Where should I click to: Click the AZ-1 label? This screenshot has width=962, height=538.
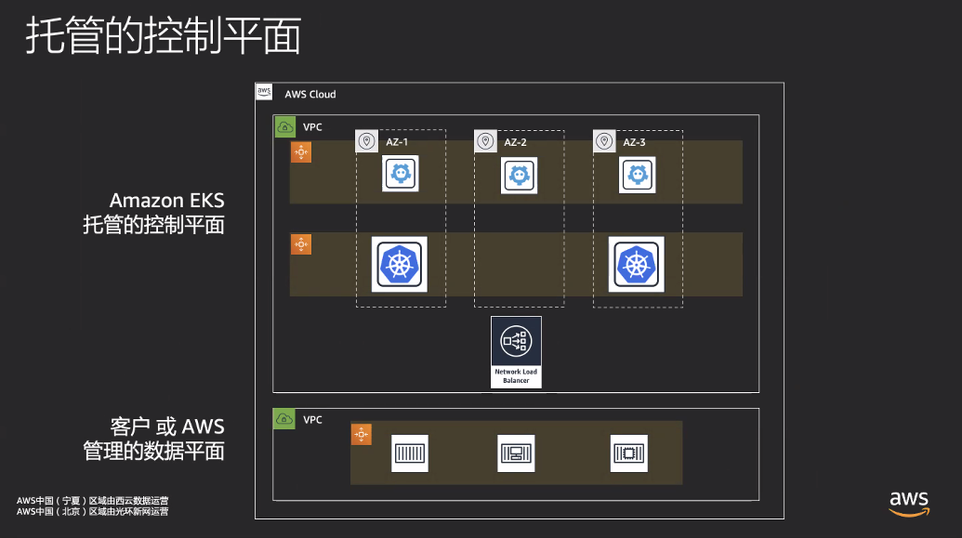pyautogui.click(x=396, y=142)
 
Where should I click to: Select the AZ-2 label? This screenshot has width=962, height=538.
pyautogui.click(x=515, y=142)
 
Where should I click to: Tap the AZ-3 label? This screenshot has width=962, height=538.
pyautogui.click(x=634, y=142)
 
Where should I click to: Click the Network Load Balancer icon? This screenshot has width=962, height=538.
pyautogui.click(x=516, y=351)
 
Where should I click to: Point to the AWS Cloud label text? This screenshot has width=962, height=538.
pyautogui.click(x=310, y=95)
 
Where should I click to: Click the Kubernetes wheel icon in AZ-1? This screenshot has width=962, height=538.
pyautogui.click(x=400, y=265)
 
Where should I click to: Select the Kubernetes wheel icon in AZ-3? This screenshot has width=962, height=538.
pyautogui.click(x=636, y=265)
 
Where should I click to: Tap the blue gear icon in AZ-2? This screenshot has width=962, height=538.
pyautogui.click(x=519, y=175)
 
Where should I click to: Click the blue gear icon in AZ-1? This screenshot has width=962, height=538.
pyautogui.click(x=400, y=174)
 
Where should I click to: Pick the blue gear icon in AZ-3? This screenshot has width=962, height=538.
pyautogui.click(x=638, y=175)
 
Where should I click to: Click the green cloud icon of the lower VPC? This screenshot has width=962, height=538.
pyautogui.click(x=284, y=419)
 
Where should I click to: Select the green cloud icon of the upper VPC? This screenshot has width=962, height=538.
pyautogui.click(x=284, y=127)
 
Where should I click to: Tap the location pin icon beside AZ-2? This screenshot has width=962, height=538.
pyautogui.click(x=485, y=142)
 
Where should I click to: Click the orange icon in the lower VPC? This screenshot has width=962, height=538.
pyautogui.click(x=362, y=434)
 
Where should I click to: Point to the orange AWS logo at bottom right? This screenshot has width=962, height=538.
pyautogui.click(x=909, y=504)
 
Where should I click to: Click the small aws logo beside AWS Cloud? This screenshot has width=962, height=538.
pyautogui.click(x=264, y=92)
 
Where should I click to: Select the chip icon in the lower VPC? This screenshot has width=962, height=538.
pyautogui.click(x=629, y=453)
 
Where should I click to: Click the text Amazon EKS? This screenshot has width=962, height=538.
pyautogui.click(x=167, y=201)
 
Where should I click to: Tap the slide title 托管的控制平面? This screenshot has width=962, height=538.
pyautogui.click(x=164, y=35)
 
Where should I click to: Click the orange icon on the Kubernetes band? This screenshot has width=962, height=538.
pyautogui.click(x=301, y=244)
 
